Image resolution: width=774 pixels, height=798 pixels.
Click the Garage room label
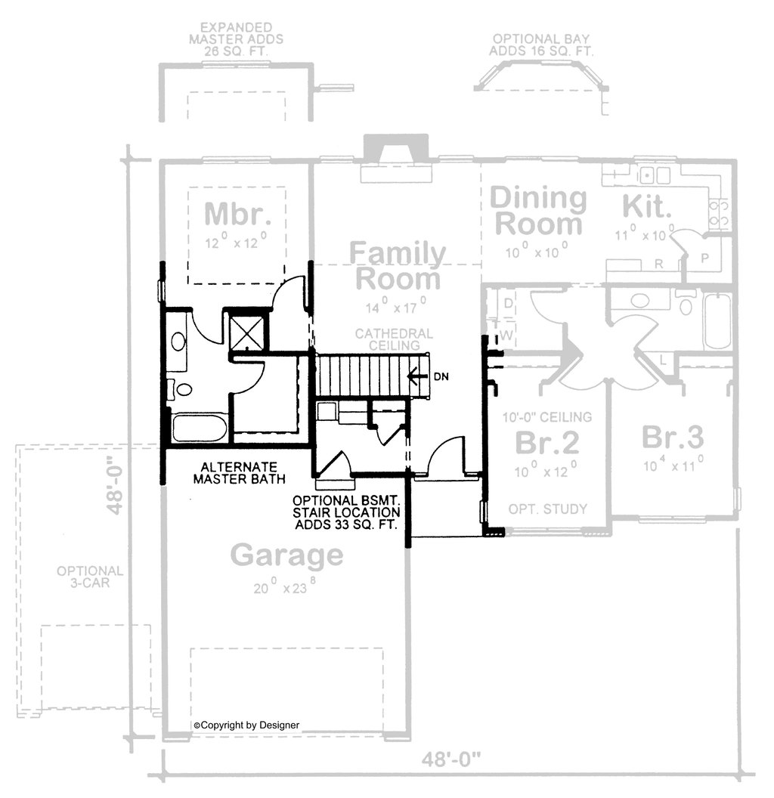pyautogui.click(x=286, y=555)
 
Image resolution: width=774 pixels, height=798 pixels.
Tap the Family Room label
pyautogui.click(x=398, y=266)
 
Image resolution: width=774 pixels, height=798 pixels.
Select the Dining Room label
pyautogui.click(x=538, y=212)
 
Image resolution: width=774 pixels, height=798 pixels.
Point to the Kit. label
pyautogui.click(x=647, y=206)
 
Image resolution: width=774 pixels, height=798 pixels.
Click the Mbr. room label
pyautogui.click(x=237, y=214)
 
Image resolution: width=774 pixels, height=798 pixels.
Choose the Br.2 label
pyautogui.click(x=547, y=443)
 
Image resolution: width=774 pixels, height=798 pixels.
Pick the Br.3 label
pyautogui.click(x=673, y=438)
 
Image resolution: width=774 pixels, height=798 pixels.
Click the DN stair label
pyautogui.click(x=441, y=376)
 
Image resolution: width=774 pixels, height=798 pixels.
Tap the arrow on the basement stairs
pyautogui.click(x=416, y=376)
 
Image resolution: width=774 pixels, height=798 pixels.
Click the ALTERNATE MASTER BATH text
pyautogui.click(x=240, y=473)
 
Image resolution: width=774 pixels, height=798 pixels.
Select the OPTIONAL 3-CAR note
pyautogui.click(x=90, y=577)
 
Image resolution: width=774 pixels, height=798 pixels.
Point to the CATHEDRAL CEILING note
pyautogui.click(x=394, y=339)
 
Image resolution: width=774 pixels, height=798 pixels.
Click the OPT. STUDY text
pyautogui.click(x=548, y=509)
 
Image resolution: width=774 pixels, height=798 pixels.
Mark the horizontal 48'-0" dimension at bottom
pyautogui.click(x=451, y=760)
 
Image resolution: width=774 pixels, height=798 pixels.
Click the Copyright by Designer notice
pyautogui.click(x=246, y=725)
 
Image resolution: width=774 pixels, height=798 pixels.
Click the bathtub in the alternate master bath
pyautogui.click(x=200, y=429)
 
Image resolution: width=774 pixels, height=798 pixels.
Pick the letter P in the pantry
pyautogui.click(x=704, y=258)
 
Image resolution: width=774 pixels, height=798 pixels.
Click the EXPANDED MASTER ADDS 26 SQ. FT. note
pyautogui.click(x=237, y=39)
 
